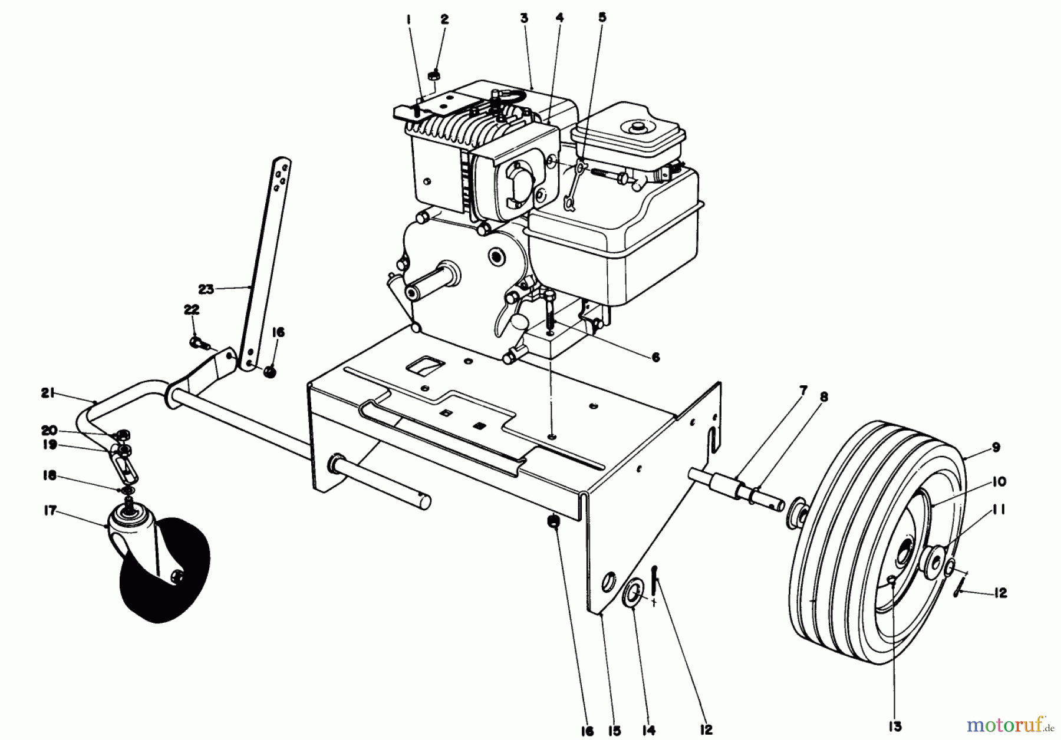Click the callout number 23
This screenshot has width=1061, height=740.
(206, 289)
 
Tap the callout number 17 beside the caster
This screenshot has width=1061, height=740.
(50, 511)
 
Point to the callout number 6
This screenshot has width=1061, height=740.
(655, 357)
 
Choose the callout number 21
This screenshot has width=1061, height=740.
(48, 392)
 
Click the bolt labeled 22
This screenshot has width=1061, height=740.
(196, 341)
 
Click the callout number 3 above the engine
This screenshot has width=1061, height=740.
(523, 18)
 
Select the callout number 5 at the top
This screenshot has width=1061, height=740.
(602, 18)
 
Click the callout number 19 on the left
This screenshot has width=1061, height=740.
(50, 445)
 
